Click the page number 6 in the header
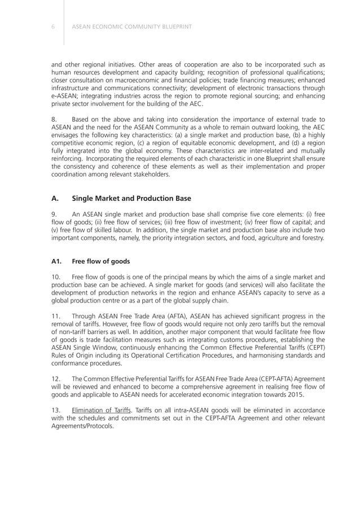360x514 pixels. (52, 25)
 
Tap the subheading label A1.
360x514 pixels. (56, 261)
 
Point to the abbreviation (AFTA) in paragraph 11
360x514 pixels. (157, 315)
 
